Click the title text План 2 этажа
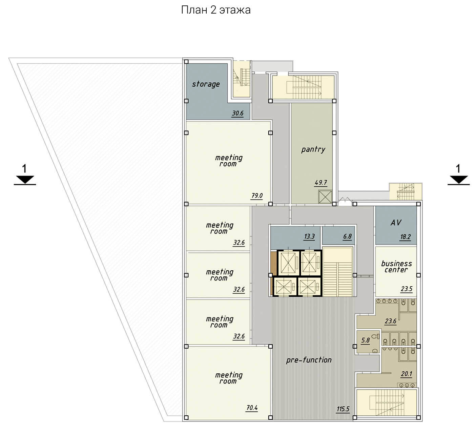(x=216, y=10)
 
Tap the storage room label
(x=206, y=84)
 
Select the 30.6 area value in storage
(x=237, y=113)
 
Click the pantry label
(x=313, y=149)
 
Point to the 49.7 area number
(x=321, y=183)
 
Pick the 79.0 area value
(x=257, y=195)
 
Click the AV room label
(x=396, y=223)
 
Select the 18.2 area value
(x=405, y=237)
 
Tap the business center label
(x=396, y=267)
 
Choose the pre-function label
(x=309, y=360)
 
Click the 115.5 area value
(x=343, y=409)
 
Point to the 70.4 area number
(x=252, y=408)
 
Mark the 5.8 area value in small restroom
(x=366, y=340)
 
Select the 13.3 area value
(x=309, y=236)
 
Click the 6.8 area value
(x=347, y=236)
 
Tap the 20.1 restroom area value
(x=406, y=374)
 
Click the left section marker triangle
(x=25, y=180)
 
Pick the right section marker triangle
(x=459, y=180)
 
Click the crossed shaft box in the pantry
(x=325, y=197)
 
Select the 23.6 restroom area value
(x=390, y=321)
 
